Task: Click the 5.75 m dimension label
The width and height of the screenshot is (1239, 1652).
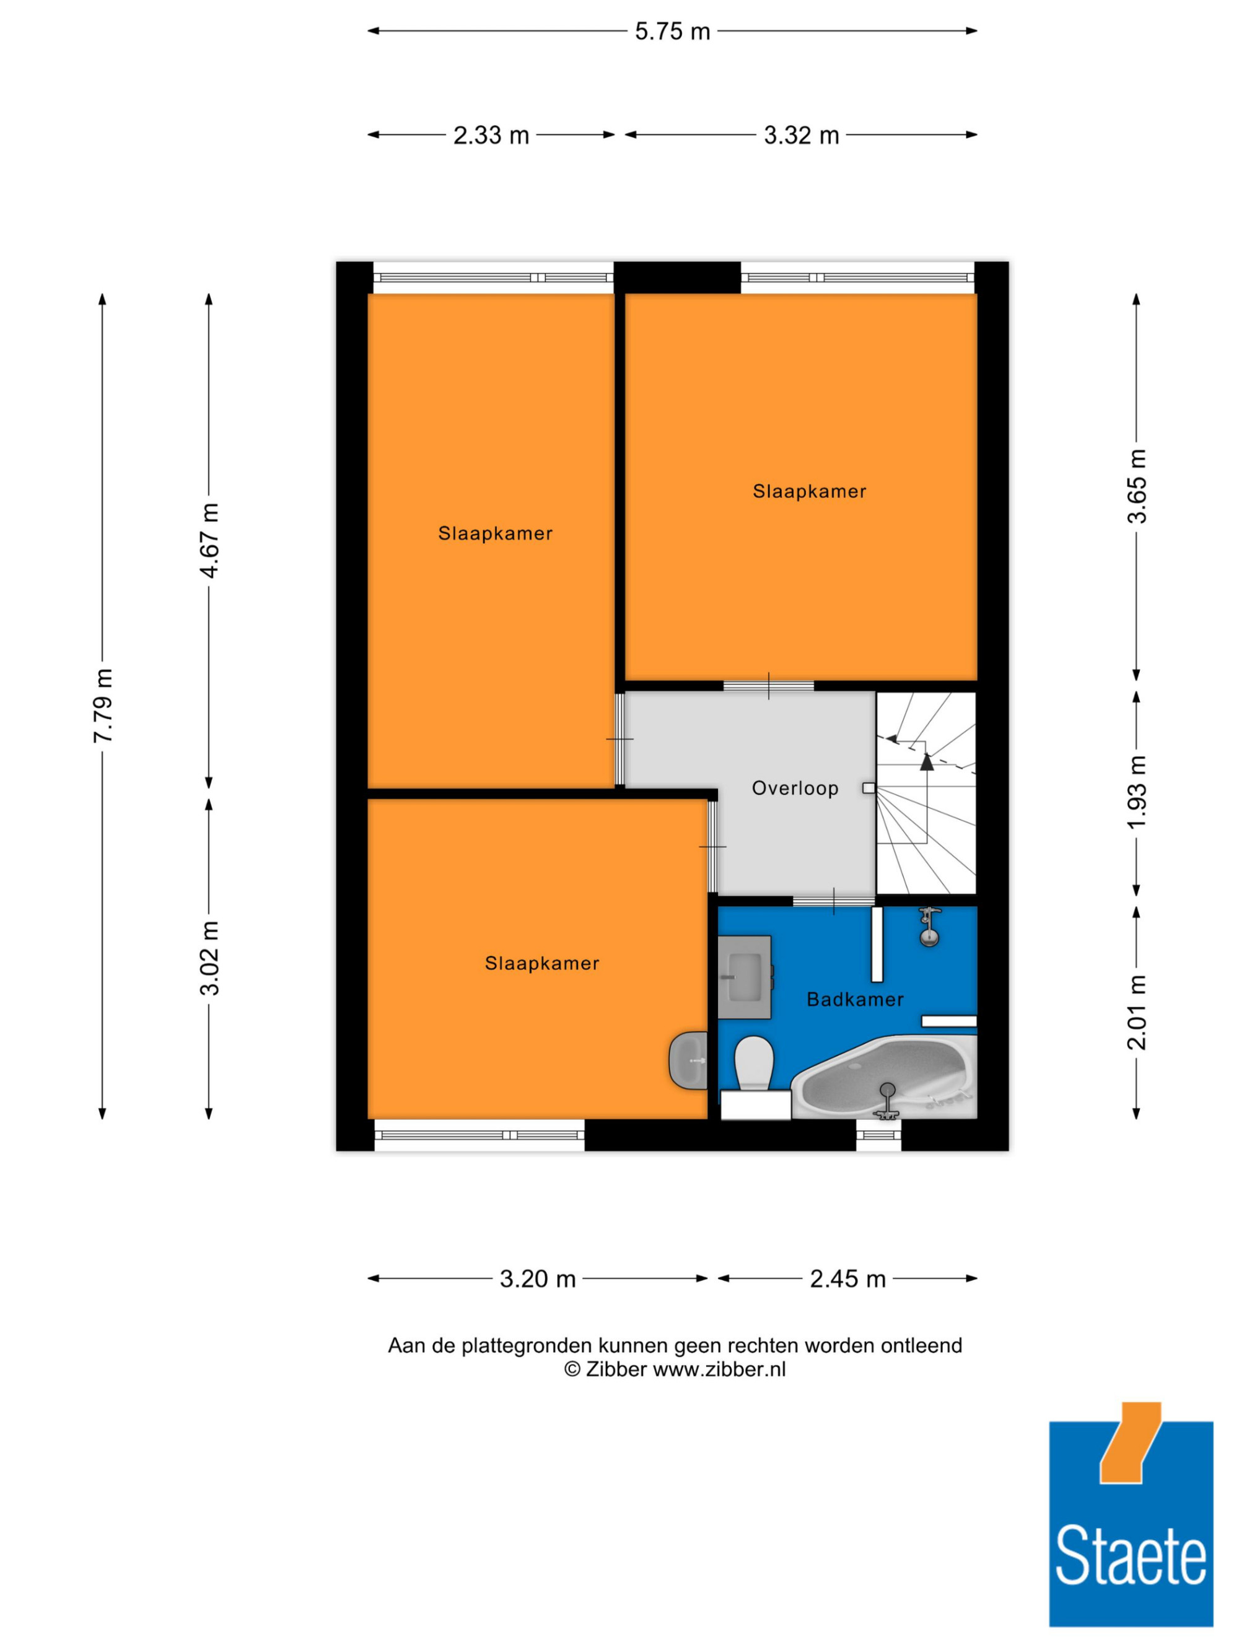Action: click(x=672, y=32)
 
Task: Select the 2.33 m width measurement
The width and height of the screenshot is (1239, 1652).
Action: click(x=491, y=135)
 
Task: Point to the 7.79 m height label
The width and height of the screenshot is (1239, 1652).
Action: click(x=103, y=706)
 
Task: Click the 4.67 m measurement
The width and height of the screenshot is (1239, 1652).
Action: click(x=210, y=541)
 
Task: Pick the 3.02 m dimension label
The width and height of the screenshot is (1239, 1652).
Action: click(x=210, y=958)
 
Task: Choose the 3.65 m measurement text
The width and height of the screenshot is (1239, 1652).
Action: click(x=1137, y=486)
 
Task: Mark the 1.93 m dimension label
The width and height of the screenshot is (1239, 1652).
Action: click(x=1137, y=792)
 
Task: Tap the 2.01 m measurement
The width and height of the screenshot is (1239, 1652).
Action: click(x=1137, y=1012)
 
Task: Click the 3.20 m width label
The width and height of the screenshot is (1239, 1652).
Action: click(x=538, y=1278)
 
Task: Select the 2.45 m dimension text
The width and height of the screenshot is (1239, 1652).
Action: click(x=847, y=1278)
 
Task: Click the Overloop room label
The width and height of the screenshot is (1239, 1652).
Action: click(x=795, y=789)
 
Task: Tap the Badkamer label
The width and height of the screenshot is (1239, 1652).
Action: click(x=855, y=999)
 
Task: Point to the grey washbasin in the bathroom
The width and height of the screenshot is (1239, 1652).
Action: click(x=745, y=977)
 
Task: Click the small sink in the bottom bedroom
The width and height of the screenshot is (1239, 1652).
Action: click(x=688, y=1060)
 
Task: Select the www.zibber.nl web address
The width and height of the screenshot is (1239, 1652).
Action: click(x=719, y=1370)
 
